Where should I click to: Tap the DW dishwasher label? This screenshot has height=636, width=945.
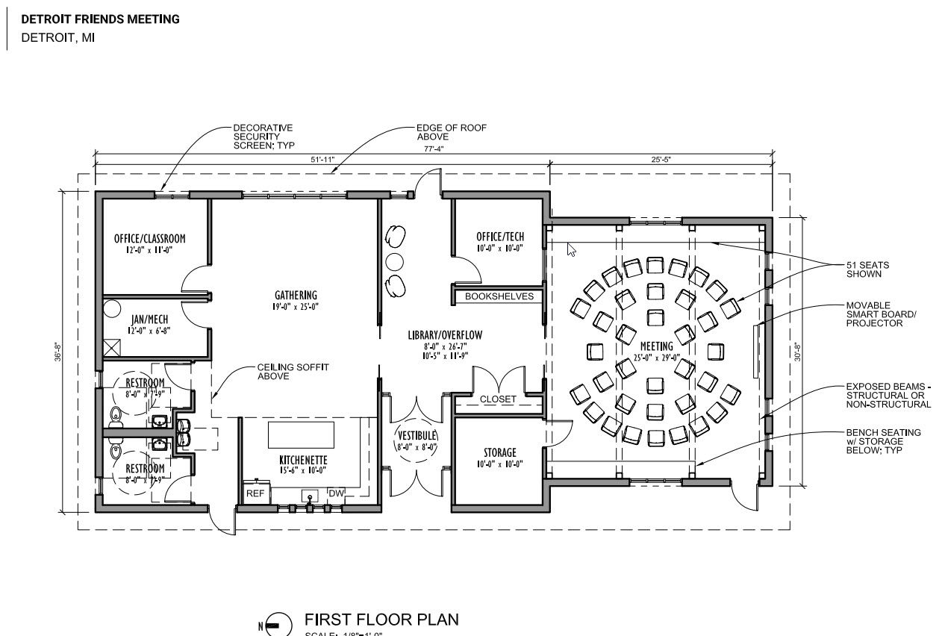point(336,493)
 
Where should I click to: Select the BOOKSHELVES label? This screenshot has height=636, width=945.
point(499,296)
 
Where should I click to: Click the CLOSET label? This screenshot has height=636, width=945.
point(498,399)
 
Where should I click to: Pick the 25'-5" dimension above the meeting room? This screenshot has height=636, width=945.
point(661,159)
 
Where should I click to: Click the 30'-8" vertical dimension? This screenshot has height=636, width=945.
point(797,351)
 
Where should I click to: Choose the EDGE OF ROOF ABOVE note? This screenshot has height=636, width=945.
point(451,132)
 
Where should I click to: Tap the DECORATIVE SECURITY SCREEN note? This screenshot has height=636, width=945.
point(263,137)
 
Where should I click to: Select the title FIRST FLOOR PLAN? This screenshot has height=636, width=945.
point(381,620)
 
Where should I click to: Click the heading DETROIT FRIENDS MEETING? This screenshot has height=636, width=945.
point(100,19)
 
